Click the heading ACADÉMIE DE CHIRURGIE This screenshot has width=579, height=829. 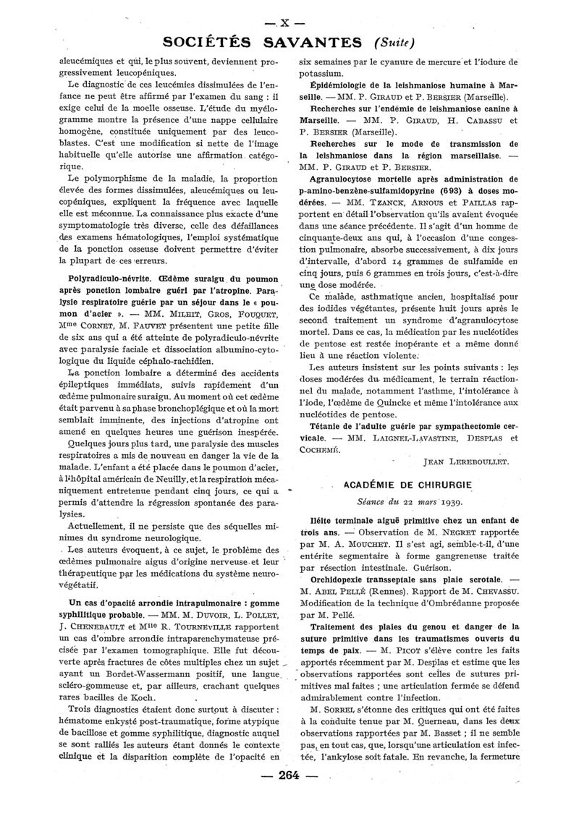click(x=410, y=483)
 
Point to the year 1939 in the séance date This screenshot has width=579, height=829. click(x=449, y=501)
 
